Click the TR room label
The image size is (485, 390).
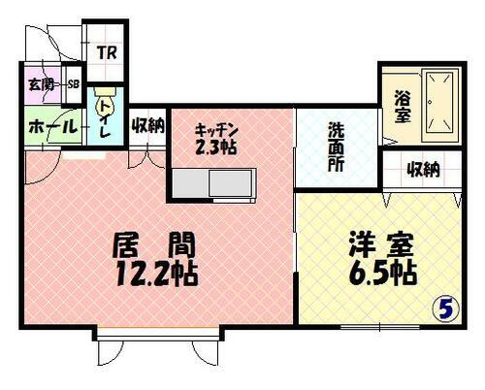[107, 51]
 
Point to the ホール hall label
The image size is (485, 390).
[45, 126]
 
